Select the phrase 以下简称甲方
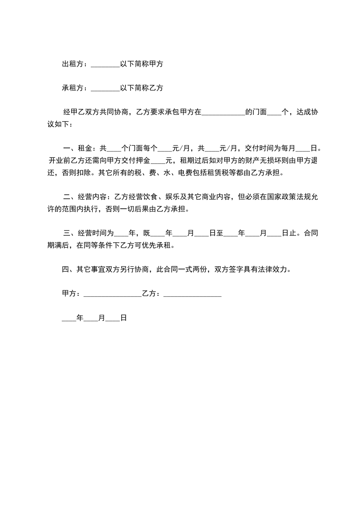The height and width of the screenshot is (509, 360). click(x=142, y=64)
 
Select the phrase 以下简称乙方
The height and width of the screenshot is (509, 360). click(x=142, y=88)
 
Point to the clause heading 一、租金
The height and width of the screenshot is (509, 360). click(x=78, y=148)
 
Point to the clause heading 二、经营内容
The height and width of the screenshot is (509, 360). click(x=85, y=197)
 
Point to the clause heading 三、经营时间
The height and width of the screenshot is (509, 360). click(x=85, y=234)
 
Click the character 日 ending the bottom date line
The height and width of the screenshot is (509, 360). click(x=123, y=318)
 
